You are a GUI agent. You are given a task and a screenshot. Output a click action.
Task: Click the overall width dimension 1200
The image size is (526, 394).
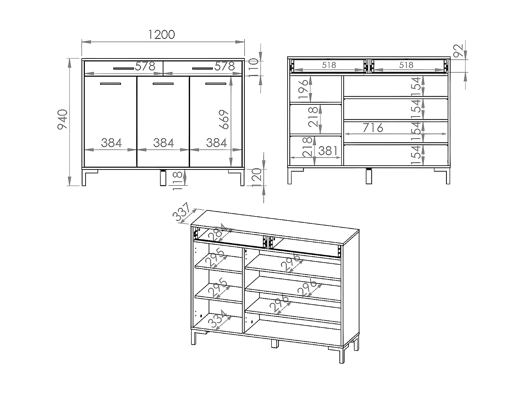pos(162,35)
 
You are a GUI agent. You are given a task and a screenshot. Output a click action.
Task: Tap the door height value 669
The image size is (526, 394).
pos(225,119)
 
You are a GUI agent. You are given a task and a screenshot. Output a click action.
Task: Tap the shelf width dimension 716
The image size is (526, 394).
pos(372,128)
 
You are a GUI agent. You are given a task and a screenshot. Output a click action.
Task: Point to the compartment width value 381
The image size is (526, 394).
pos(328,151)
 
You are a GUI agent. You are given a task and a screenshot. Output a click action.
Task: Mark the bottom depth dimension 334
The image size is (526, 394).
pos(217,319)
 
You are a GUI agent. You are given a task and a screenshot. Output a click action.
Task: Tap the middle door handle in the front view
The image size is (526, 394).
pos(163,84)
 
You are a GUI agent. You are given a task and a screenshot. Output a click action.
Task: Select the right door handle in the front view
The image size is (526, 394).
pos(216,84)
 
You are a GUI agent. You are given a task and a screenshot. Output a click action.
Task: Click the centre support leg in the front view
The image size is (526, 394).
pos(163,178)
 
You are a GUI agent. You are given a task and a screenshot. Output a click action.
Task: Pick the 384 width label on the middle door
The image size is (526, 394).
pos(163,143)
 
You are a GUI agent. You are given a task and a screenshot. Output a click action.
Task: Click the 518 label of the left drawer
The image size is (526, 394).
pos(329,65)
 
